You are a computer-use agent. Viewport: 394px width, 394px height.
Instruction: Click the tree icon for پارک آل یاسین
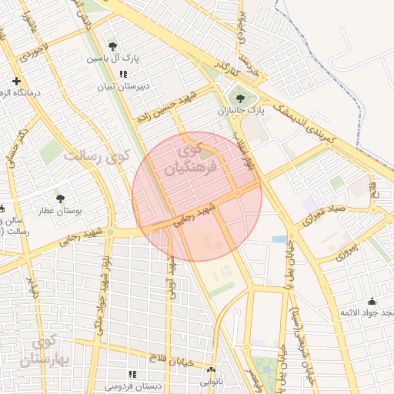pyautogui.click(x=114, y=46)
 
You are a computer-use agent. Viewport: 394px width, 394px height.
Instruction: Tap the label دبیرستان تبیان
pyautogui.click(x=121, y=87)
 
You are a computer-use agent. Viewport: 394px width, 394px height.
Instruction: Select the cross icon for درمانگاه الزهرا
pyautogui.click(x=15, y=81)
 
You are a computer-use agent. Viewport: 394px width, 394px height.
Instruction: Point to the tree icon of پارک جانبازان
pyautogui.click(x=240, y=98)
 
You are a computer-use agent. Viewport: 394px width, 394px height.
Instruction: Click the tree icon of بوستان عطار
pyautogui.click(x=60, y=199)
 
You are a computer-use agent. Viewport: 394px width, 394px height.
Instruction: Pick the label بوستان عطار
pyautogui.click(x=60, y=210)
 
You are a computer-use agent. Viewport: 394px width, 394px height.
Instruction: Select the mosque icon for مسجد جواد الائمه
pyautogui.click(x=372, y=302)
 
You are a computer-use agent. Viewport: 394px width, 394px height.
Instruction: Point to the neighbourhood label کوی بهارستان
pyautogui.click(x=52, y=350)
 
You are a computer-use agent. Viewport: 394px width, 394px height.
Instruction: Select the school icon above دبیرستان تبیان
pyautogui.click(x=123, y=75)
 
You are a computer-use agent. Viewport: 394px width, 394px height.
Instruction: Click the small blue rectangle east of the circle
pyautogui.click(x=279, y=239)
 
